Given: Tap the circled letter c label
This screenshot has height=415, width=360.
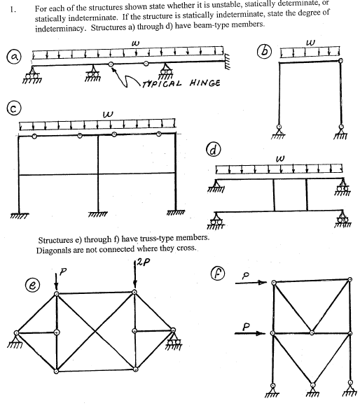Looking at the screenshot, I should click(x=11, y=108).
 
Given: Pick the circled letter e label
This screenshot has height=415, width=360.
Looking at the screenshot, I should click(x=31, y=286).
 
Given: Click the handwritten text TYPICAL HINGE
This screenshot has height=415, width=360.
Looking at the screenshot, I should click(x=170, y=83).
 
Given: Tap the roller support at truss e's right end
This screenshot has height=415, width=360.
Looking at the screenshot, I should click(x=172, y=339).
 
